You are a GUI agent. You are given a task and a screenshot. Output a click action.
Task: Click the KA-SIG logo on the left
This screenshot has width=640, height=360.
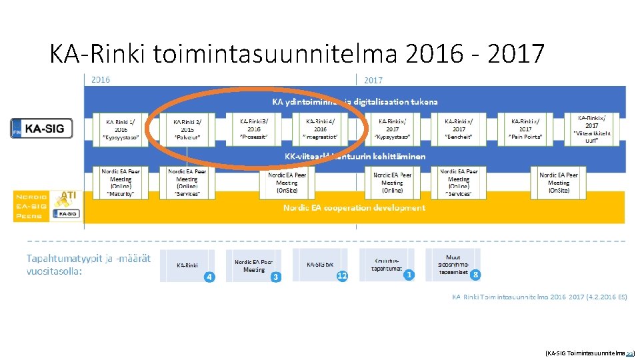[43, 128]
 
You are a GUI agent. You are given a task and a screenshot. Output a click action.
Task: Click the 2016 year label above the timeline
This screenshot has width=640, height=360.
[100, 80]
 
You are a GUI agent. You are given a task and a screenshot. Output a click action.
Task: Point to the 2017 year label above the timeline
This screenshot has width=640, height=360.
[373, 80]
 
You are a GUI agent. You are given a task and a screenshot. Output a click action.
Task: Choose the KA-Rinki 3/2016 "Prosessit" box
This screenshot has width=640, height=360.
[253, 129]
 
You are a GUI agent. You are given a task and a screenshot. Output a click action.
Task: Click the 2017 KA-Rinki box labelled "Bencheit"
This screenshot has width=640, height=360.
[459, 129]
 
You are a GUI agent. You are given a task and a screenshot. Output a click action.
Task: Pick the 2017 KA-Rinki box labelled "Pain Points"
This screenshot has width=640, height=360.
[525, 129]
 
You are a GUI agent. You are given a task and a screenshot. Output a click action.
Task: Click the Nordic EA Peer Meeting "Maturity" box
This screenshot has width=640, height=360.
[121, 182]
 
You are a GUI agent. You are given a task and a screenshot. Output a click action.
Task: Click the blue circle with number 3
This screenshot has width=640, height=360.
[275, 276]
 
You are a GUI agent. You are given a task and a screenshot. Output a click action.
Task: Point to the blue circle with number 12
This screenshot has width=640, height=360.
[342, 275]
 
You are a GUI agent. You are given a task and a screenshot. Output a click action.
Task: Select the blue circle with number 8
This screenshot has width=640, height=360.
[475, 275]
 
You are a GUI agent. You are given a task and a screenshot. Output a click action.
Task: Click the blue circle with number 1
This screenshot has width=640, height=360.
[409, 275]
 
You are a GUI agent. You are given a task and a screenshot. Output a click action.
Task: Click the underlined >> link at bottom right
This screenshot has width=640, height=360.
[629, 351]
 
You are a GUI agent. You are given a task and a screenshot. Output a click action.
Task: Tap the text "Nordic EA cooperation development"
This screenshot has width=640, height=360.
[354, 208]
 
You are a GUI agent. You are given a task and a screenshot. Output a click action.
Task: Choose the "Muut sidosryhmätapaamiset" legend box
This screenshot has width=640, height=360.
[453, 265]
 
